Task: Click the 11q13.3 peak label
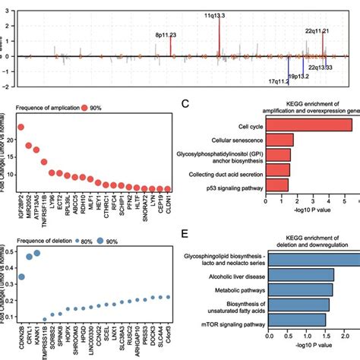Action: tap(219, 14)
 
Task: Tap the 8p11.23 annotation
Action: tap(166, 34)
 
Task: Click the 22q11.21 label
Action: tap(318, 31)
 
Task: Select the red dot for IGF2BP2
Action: tap(21, 128)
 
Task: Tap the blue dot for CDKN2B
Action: tap(21, 277)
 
